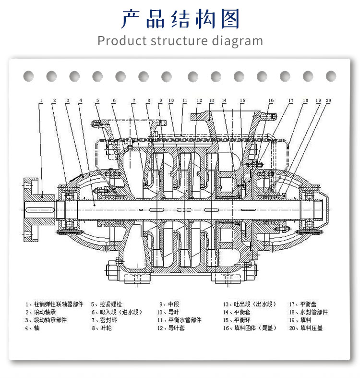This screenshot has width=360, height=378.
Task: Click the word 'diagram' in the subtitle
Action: click(237, 40)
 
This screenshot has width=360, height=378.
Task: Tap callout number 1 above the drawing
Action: click(41, 101)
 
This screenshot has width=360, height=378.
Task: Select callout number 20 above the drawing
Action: click(328, 101)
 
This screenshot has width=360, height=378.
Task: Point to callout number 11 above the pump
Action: click(184, 101)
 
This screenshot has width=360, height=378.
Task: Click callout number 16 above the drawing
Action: click(271, 101)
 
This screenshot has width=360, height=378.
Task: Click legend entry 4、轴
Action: click(33, 328)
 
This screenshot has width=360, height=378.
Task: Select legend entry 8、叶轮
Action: click(101, 328)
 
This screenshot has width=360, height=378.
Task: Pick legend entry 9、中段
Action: click(169, 304)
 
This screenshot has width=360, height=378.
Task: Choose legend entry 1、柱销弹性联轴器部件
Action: click(54, 304)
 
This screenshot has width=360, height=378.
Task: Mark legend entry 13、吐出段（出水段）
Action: click(249, 304)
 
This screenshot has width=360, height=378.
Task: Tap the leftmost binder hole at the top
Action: click(28, 76)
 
